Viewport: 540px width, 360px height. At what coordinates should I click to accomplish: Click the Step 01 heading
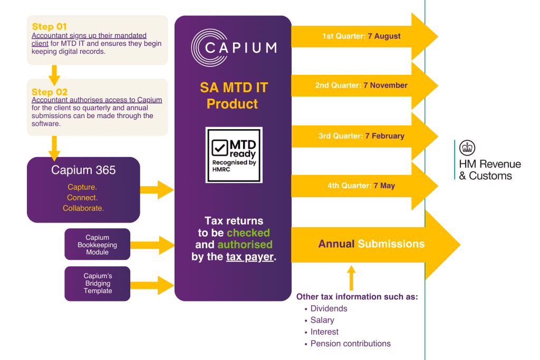click(x=50, y=27)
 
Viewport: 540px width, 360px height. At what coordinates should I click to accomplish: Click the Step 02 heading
click(x=50, y=92)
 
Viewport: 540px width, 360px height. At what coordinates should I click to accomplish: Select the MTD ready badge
click(x=234, y=155)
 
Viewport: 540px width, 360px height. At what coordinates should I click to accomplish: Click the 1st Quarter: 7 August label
click(x=361, y=36)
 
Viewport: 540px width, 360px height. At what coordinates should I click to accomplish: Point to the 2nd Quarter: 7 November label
click(x=361, y=85)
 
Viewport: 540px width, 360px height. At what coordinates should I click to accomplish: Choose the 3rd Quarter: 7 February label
click(x=361, y=136)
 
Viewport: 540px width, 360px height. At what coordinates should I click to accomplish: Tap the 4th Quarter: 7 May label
click(x=361, y=186)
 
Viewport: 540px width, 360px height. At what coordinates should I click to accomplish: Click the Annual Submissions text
click(x=371, y=244)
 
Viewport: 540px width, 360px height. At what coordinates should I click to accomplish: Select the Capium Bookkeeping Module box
click(x=98, y=245)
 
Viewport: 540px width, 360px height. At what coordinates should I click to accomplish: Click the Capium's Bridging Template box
click(x=98, y=284)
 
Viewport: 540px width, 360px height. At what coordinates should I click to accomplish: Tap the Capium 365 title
click(x=83, y=170)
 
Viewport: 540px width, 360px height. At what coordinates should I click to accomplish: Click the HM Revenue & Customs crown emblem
click(x=467, y=148)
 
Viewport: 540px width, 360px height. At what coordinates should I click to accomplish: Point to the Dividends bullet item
click(x=329, y=309)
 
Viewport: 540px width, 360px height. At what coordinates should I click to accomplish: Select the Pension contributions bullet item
click(x=350, y=344)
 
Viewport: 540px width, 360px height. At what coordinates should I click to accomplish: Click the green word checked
click(x=248, y=232)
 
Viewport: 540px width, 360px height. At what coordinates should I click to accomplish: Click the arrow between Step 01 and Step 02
click(x=54, y=74)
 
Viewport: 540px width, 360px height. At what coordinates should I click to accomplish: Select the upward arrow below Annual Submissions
click(x=352, y=277)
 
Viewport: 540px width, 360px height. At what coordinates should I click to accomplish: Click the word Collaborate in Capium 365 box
click(x=83, y=208)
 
